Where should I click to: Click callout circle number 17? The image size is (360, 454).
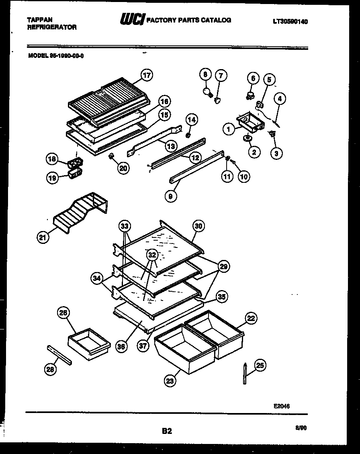(147, 75)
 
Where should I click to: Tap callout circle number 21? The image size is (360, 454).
(42, 237)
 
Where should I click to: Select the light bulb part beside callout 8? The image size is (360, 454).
(209, 92)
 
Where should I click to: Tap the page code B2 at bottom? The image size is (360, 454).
(167, 431)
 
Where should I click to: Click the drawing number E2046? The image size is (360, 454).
(281, 406)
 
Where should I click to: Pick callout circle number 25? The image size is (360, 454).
(260, 365)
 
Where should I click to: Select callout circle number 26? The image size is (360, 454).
(63, 313)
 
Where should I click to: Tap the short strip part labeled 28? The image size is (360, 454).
(59, 355)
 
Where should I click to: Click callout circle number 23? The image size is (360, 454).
(170, 380)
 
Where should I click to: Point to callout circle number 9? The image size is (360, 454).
(170, 197)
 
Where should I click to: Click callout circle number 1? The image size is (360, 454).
(228, 129)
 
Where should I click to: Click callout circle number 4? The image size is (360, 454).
(280, 98)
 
